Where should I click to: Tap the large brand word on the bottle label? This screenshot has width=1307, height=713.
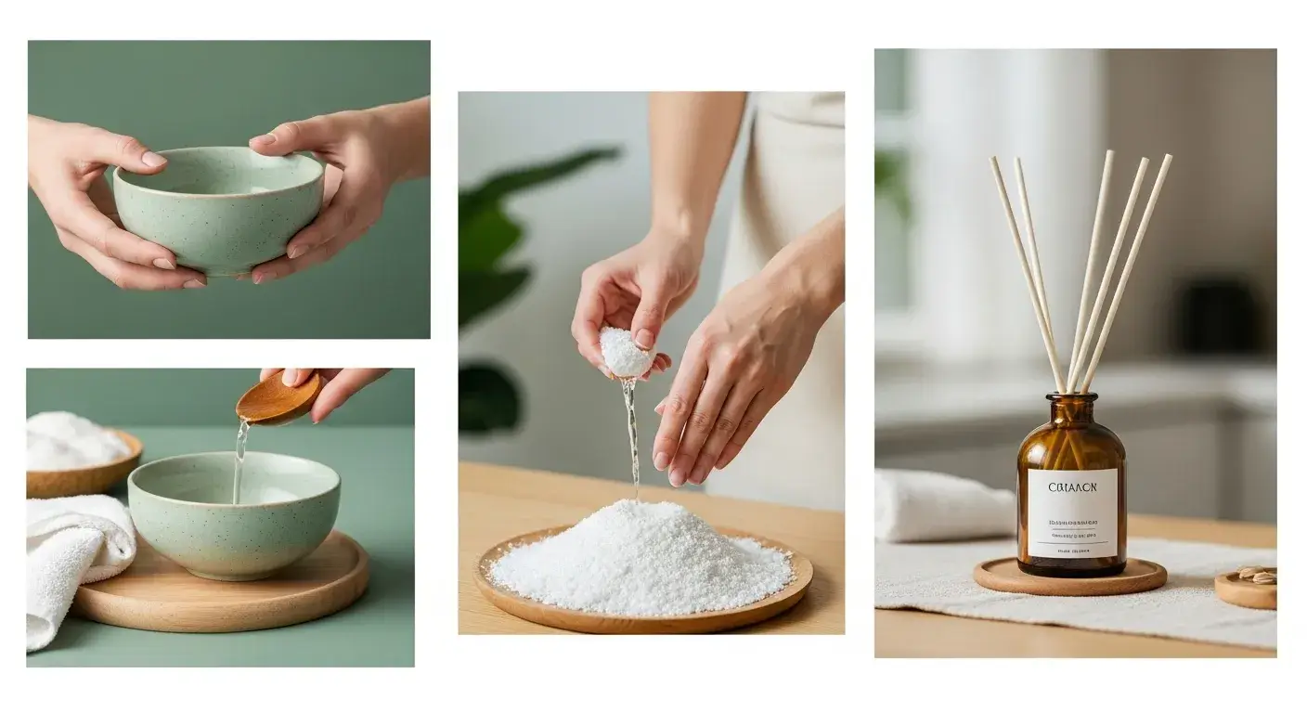pos(1071,486)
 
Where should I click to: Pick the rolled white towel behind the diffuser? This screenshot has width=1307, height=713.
pos(938,507)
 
